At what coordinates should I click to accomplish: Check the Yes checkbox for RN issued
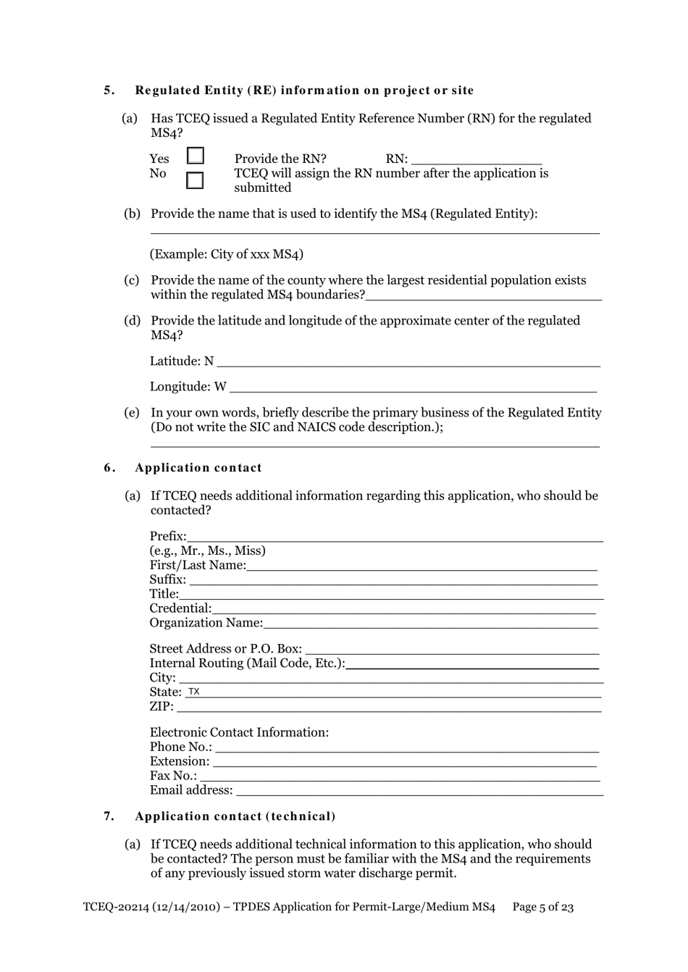[196, 156]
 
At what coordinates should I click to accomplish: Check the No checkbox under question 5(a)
[195, 180]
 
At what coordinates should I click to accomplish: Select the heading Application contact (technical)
[235, 816]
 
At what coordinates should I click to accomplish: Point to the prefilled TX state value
[194, 692]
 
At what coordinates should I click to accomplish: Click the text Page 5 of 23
[542, 907]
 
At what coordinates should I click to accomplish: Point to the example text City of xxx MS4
[227, 254]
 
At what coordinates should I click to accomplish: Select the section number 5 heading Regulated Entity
[304, 91]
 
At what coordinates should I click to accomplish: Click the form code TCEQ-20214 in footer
[114, 907]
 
